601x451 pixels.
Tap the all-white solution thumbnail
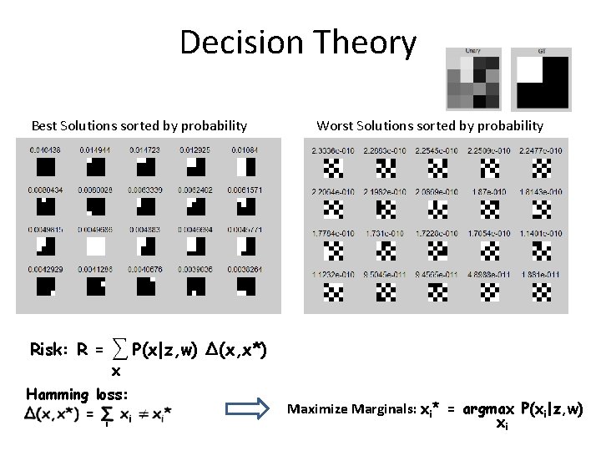[x=95, y=246]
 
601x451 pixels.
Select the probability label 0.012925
[x=196, y=149]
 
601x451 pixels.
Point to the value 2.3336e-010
[x=331, y=150]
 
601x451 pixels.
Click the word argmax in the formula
[x=491, y=408]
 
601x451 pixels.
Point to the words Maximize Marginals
[x=351, y=409]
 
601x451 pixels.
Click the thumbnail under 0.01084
[x=245, y=167]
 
